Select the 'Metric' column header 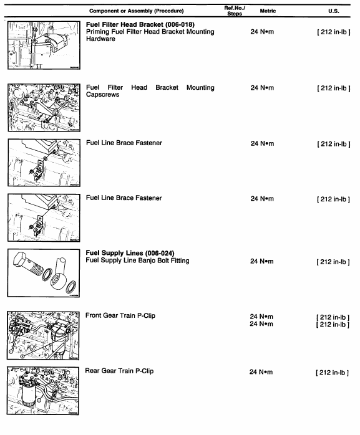pos(267,11)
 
